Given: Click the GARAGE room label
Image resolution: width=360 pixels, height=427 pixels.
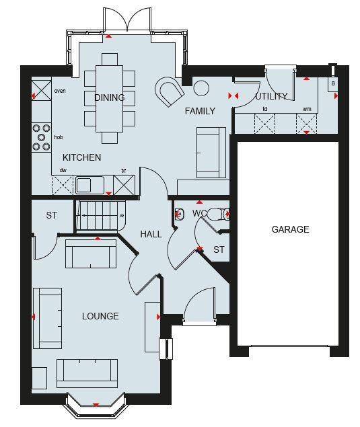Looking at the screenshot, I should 290,229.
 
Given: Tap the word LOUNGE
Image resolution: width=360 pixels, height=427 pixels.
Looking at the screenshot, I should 100,316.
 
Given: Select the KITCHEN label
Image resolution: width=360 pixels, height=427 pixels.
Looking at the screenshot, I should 82,157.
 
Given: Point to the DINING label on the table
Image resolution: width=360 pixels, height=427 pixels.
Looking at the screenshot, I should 109,98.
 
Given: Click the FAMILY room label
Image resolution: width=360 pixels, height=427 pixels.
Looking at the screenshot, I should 200,111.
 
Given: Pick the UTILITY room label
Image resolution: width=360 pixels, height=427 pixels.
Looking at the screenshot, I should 271,97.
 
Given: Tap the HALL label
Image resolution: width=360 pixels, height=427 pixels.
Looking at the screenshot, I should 151,234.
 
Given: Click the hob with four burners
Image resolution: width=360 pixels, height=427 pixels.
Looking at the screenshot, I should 42,137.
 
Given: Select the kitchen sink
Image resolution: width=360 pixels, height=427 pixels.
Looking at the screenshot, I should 87,184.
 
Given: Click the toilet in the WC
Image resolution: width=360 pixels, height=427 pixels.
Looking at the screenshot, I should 216,215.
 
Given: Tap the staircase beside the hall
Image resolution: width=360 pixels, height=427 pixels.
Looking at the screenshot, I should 99,215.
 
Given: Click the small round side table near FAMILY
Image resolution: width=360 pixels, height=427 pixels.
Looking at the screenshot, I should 201,87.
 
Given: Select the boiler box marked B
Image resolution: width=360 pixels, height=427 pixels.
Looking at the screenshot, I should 332,83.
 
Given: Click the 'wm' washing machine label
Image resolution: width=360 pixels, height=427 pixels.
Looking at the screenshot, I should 307,109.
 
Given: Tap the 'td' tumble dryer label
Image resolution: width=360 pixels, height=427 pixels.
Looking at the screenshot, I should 265,109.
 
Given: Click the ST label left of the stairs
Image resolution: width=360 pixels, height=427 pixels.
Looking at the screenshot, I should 52,216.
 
